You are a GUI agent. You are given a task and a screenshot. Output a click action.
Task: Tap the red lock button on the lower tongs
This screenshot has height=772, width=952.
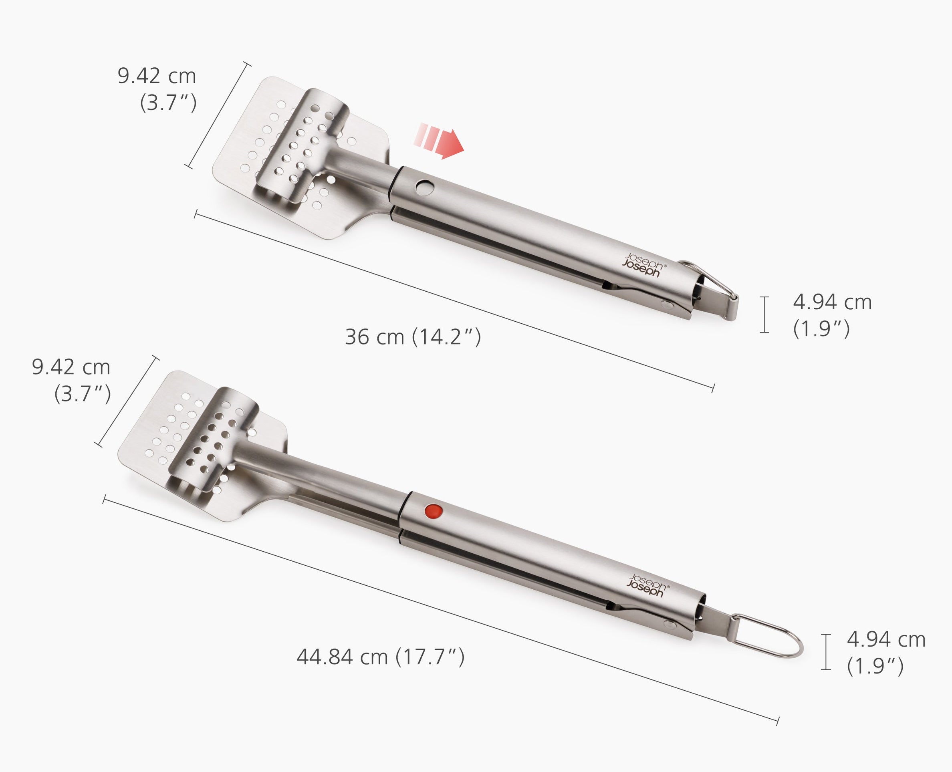coord(434,510)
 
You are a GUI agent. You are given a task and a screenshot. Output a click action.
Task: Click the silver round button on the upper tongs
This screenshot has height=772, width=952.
coord(426,187)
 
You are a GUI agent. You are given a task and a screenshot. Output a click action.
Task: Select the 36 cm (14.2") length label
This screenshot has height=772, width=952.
coord(413,337)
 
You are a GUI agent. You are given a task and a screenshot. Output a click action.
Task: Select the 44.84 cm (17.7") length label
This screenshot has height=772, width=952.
coord(380,657)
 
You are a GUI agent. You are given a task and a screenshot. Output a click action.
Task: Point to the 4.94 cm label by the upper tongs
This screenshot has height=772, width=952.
coord(831,315)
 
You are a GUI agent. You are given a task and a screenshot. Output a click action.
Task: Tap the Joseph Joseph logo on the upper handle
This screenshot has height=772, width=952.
coord(644,266)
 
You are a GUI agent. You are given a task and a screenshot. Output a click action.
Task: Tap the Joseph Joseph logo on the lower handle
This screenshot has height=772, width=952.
coord(647,586)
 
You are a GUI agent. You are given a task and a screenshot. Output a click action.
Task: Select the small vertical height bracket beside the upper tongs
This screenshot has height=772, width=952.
coord(764,314)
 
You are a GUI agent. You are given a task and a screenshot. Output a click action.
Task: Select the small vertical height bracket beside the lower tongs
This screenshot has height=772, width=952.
coord(826,651)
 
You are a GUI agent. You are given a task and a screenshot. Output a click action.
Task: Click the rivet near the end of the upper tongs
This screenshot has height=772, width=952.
coord(666,305)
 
